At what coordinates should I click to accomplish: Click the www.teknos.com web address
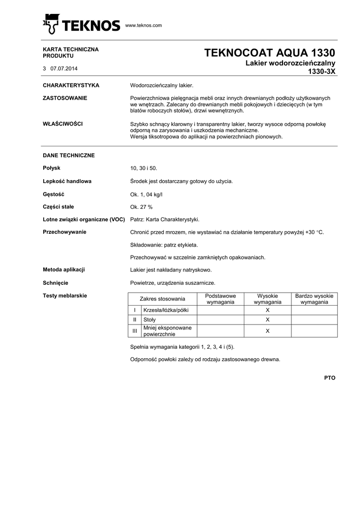click(x=144, y=25)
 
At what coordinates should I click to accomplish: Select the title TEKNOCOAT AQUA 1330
click(x=270, y=53)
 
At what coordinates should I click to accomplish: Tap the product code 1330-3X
click(x=322, y=71)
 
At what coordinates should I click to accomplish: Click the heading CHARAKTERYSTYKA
click(x=71, y=85)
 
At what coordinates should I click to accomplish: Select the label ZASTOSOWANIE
click(x=65, y=98)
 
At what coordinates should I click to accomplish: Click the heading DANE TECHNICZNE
click(x=69, y=155)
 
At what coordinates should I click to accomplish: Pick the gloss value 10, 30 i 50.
click(x=144, y=169)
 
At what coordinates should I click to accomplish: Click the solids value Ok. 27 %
click(x=141, y=207)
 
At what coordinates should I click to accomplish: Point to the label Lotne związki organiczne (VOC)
click(x=84, y=219)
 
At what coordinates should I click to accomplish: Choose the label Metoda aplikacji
click(x=64, y=269)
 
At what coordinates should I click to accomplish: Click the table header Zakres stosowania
click(x=162, y=299)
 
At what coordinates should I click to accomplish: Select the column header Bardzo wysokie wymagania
click(x=314, y=299)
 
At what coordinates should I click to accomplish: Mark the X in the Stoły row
click(x=268, y=320)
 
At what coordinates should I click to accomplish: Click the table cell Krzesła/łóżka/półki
click(x=162, y=310)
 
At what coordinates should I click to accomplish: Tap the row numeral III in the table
click(x=134, y=331)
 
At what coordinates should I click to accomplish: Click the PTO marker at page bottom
click(x=330, y=378)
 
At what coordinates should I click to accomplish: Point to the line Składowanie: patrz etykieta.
click(x=164, y=245)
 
